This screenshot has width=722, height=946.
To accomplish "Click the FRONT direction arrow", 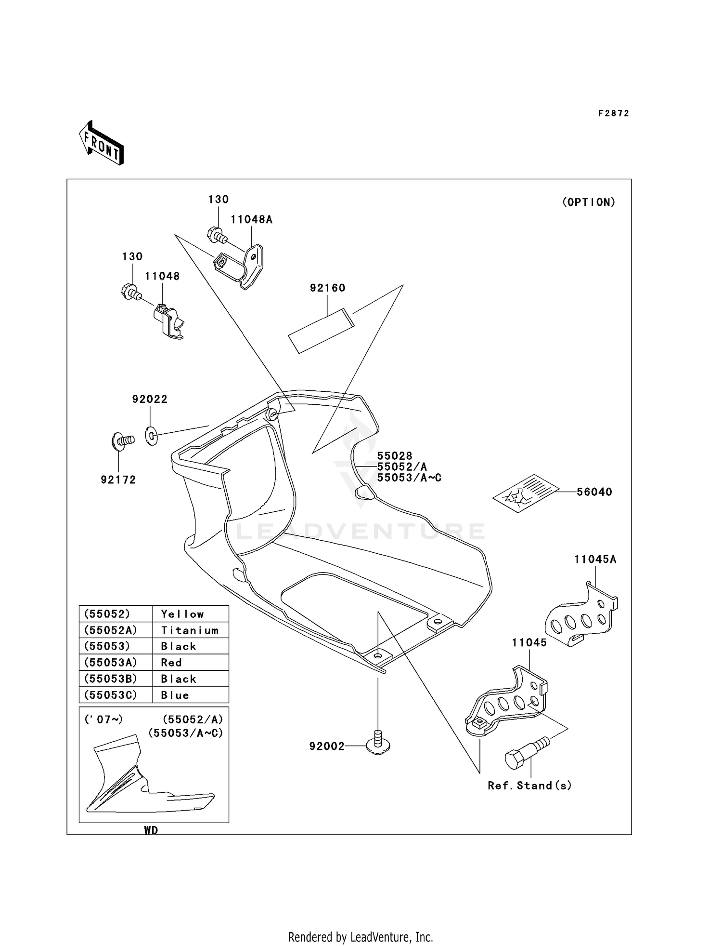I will (x=102, y=143).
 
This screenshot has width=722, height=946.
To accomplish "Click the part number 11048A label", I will (x=251, y=220).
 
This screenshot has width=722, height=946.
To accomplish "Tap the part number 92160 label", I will (x=327, y=288).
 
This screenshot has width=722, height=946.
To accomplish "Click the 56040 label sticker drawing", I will (x=525, y=493).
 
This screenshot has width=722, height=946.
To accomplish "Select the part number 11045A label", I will (x=595, y=560).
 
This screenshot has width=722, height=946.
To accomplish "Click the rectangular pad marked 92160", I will (x=321, y=331).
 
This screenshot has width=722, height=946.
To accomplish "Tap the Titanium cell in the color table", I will (x=190, y=630).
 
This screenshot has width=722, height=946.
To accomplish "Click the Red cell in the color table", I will (x=171, y=663).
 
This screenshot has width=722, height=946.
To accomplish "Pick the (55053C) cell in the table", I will (x=110, y=695).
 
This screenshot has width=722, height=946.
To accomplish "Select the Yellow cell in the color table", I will (x=182, y=614).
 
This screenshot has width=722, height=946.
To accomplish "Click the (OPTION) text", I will (x=588, y=202).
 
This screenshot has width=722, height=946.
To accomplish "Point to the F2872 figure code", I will (x=613, y=114).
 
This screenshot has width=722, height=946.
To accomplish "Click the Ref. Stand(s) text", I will (x=529, y=786).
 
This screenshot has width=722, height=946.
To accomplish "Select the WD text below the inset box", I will (x=151, y=830).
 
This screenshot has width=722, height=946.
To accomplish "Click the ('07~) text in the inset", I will (x=103, y=719).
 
